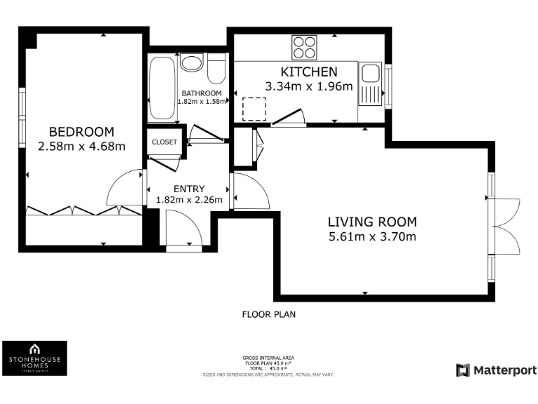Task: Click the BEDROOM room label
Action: point(81,132)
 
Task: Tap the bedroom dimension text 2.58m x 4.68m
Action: point(81,147)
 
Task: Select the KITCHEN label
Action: point(309,72)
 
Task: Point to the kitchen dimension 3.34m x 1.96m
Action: point(309,86)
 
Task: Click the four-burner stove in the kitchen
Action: point(304,47)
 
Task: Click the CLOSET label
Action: point(165,142)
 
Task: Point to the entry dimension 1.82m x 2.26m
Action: point(189,200)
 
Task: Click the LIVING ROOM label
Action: point(372,222)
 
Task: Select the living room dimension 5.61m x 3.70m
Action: point(372,236)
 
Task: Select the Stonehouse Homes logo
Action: point(35,358)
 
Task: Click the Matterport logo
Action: point(496,370)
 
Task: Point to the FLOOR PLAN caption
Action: point(268,314)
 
